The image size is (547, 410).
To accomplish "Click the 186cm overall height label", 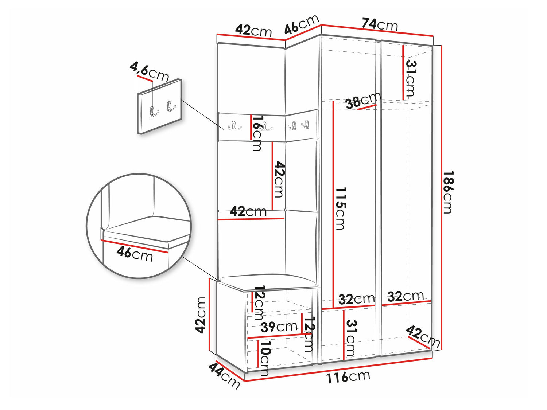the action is coord(448,192).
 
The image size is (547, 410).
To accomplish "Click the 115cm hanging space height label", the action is coord(340,208).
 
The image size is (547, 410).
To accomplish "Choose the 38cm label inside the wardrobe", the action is coord(363,100).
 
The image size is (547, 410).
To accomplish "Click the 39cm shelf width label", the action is coord(279,327).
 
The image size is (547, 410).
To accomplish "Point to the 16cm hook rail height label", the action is coord(257,133).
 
